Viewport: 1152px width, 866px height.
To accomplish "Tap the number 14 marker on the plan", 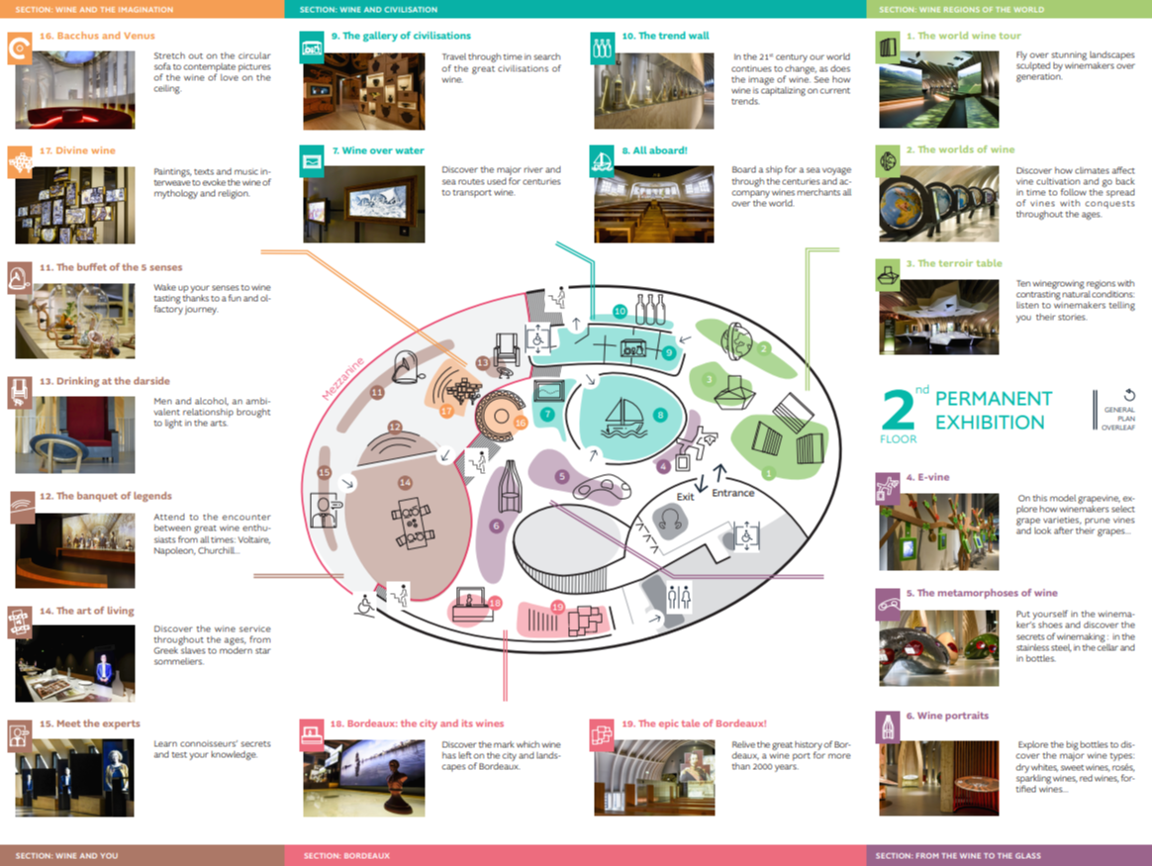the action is point(405,483).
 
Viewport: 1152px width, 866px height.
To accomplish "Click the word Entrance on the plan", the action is point(733,493).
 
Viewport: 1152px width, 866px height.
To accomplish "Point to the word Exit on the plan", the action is point(686,497).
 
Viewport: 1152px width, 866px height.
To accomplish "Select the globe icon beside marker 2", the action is point(737,339).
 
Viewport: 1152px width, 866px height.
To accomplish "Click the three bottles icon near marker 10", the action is point(649,309).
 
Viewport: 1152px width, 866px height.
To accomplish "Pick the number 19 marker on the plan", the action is point(557,607).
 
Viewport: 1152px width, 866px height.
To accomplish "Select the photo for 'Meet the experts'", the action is point(75,777).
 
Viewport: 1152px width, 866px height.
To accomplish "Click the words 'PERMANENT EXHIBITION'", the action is point(993,411).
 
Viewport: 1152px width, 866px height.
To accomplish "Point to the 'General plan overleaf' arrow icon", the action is point(1129,395).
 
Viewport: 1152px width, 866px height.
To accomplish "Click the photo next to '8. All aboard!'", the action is point(654,204).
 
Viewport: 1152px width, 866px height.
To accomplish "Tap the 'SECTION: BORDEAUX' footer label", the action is point(346,856).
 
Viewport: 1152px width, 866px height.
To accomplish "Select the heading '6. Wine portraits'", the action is point(952,716).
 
